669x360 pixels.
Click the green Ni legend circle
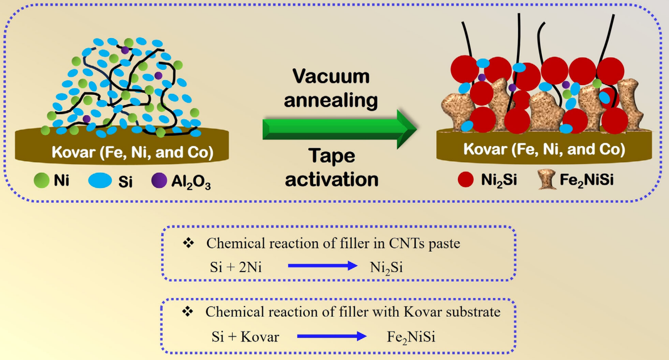[42, 180]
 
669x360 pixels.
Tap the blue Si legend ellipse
[100, 180]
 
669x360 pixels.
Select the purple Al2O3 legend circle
[159, 180]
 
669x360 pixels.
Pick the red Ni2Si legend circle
[465, 179]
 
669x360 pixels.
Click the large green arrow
[340, 129]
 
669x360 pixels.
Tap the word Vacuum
[331, 77]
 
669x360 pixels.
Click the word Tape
[331, 156]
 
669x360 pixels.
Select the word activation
[331, 179]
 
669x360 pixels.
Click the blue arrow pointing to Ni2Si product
[322, 266]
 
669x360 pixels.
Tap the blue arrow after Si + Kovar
[331, 337]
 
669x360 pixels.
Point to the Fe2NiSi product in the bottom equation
[411, 337]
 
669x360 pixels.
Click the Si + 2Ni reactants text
[235, 267]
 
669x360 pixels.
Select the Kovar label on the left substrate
[132, 152]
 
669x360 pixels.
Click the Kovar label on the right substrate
[544, 149]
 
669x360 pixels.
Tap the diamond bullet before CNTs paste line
[188, 243]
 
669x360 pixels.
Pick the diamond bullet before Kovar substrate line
[187, 311]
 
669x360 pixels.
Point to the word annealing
[331, 101]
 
